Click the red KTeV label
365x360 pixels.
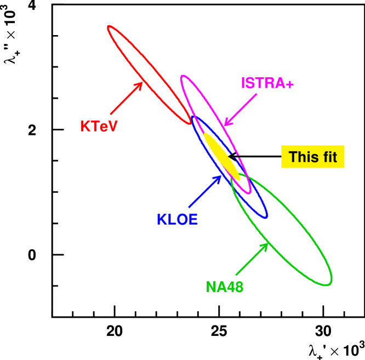[99, 127]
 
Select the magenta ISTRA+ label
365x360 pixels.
[267, 83]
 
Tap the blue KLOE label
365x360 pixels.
[177, 220]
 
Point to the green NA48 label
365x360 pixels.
[224, 287]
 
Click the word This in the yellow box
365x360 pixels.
[303, 157]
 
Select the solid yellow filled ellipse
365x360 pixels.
[222, 156]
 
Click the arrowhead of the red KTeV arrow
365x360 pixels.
[141, 84]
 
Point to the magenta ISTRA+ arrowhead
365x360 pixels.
[226, 123]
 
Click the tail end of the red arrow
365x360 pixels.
[111, 114]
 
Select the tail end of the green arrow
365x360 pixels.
[236, 275]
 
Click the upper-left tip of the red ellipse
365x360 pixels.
[109, 27]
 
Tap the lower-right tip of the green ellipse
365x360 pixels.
[330, 283]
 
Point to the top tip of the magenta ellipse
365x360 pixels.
[182, 76]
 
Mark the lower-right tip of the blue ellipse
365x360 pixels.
[266, 217]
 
